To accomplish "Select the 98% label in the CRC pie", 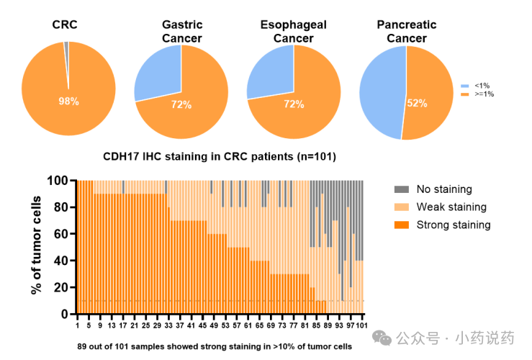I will [x=68, y=102].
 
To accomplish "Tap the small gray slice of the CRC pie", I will [x=66, y=46].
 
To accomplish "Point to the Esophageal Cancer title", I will [x=293, y=31].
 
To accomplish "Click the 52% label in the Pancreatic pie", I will [x=416, y=103].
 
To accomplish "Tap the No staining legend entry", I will [x=443, y=189].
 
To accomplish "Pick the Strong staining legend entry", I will [x=452, y=225].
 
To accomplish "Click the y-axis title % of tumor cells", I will [x=35, y=247].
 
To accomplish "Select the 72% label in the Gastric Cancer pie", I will [x=181, y=105].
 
